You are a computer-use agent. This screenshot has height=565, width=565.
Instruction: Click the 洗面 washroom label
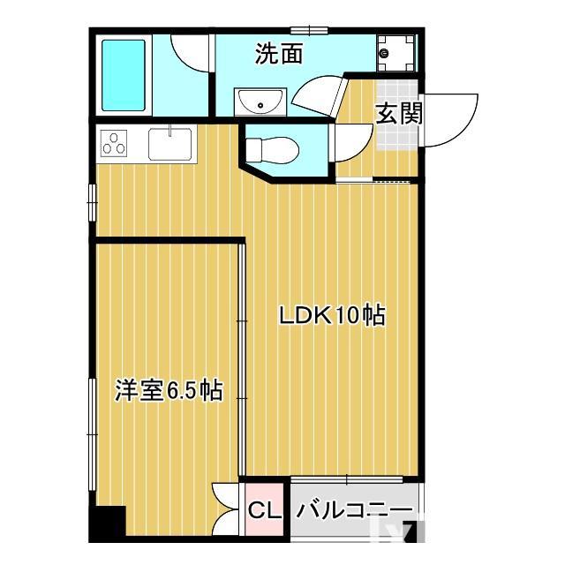pos(279,55)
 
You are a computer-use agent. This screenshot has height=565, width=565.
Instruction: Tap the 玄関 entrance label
pos(398,114)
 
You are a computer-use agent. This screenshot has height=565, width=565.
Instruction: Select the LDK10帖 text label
pos(333,315)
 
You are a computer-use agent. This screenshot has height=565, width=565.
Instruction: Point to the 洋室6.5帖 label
pos(168,390)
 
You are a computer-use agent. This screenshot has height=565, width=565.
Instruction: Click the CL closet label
pos(264,510)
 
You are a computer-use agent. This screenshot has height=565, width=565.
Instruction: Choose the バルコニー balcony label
pos(354,510)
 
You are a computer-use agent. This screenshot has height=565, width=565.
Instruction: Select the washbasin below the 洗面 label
pos(260,102)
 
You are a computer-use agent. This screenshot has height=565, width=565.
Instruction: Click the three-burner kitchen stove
pos(116,142)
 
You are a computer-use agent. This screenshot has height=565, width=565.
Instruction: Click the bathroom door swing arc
pos(188,55)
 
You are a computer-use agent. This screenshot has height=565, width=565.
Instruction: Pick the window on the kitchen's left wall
pos(92,200)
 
